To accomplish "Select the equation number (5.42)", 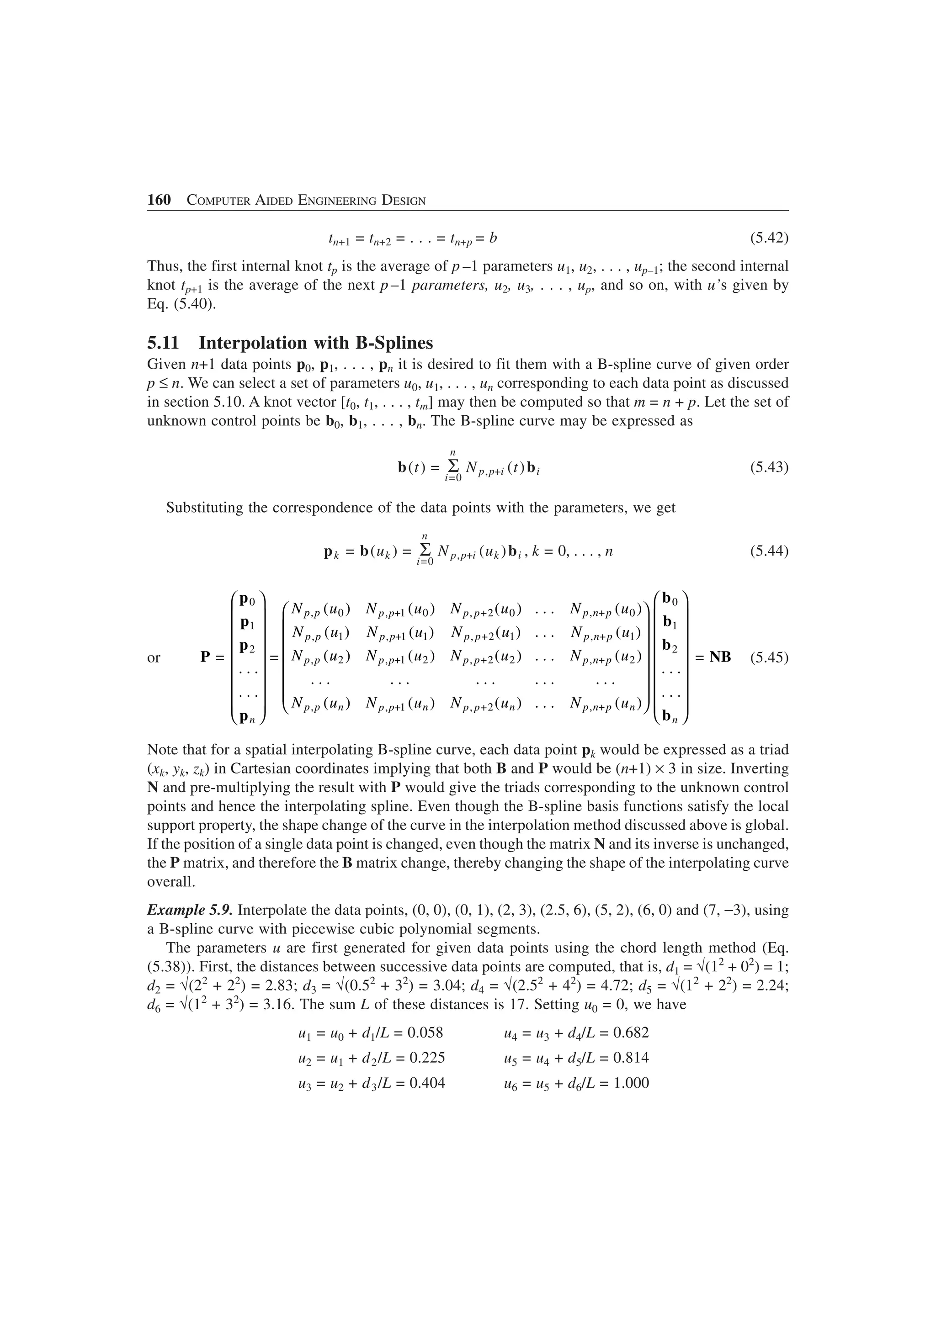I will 769,238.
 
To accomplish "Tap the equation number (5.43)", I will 769,466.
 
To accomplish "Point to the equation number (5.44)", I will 769,551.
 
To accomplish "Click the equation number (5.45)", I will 769,657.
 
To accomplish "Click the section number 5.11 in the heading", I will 163,343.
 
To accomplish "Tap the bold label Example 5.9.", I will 190,910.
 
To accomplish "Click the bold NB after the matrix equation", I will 720,657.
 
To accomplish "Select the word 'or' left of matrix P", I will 154,657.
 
